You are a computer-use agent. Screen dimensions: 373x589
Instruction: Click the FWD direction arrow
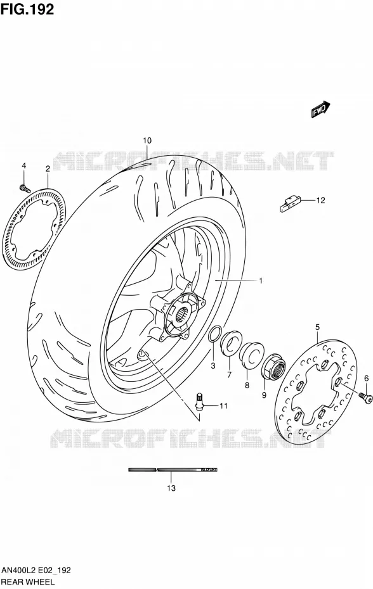tap(320, 109)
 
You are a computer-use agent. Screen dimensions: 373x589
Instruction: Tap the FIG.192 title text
tap(27, 9)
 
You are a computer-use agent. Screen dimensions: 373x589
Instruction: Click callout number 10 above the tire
tap(147, 141)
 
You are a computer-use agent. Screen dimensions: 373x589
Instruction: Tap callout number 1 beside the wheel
tap(261, 281)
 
